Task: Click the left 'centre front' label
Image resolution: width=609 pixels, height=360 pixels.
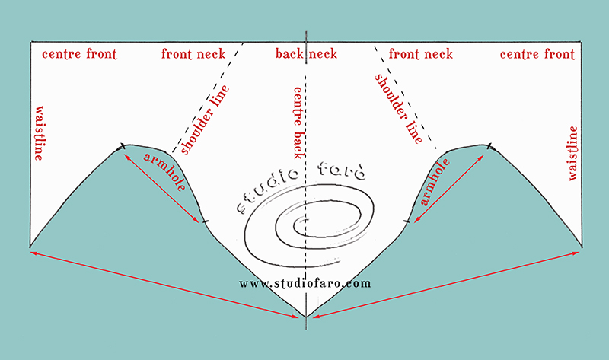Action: pyautogui.click(x=74, y=54)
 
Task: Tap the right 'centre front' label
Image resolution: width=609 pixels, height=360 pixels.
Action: pyautogui.click(x=537, y=54)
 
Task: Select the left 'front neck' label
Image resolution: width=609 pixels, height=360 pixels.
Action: pyautogui.click(x=193, y=54)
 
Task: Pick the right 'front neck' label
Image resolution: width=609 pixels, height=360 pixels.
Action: pyautogui.click(x=420, y=54)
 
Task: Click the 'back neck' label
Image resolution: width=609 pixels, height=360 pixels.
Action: pyautogui.click(x=306, y=54)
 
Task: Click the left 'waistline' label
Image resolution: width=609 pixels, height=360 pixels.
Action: pyautogui.click(x=37, y=132)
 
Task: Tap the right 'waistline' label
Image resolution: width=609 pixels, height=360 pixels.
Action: pyautogui.click(x=572, y=152)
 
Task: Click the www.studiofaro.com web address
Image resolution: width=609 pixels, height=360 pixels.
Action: pyautogui.click(x=304, y=283)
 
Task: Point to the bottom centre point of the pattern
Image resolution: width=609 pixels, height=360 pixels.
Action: pyautogui.click(x=305, y=316)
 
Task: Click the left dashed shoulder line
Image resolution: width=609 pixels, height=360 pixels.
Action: pyautogui.click(x=207, y=95)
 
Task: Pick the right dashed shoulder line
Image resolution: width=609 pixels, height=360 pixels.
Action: pyautogui.click(x=404, y=95)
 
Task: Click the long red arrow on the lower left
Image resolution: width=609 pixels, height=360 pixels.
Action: pyautogui.click(x=164, y=282)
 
